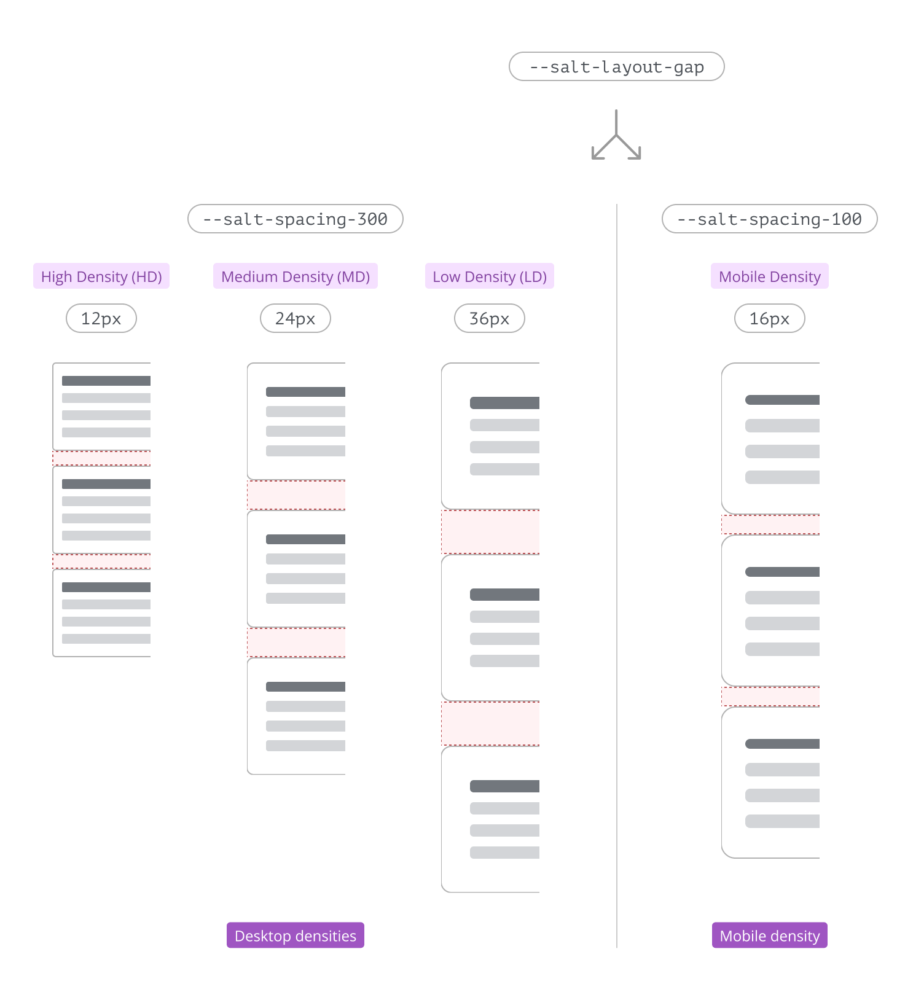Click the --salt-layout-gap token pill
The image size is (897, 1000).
point(616,66)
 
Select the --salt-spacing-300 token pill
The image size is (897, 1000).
point(295,219)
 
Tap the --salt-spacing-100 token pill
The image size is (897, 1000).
point(769,219)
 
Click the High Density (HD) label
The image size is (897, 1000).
point(101,276)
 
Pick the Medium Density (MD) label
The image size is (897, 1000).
point(295,276)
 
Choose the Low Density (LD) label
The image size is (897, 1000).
point(489,276)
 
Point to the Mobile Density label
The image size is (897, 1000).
point(769,276)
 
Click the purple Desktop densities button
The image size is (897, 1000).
point(295,935)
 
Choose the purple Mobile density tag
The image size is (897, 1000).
point(769,935)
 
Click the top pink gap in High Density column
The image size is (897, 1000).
point(101,458)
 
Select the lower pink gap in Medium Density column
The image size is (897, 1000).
point(296,643)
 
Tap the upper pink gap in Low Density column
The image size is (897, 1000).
point(490,532)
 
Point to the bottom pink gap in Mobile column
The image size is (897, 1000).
point(770,697)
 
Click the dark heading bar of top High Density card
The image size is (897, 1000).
point(106,381)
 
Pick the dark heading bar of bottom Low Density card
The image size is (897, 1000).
point(504,786)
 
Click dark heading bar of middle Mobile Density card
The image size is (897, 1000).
point(781,572)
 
